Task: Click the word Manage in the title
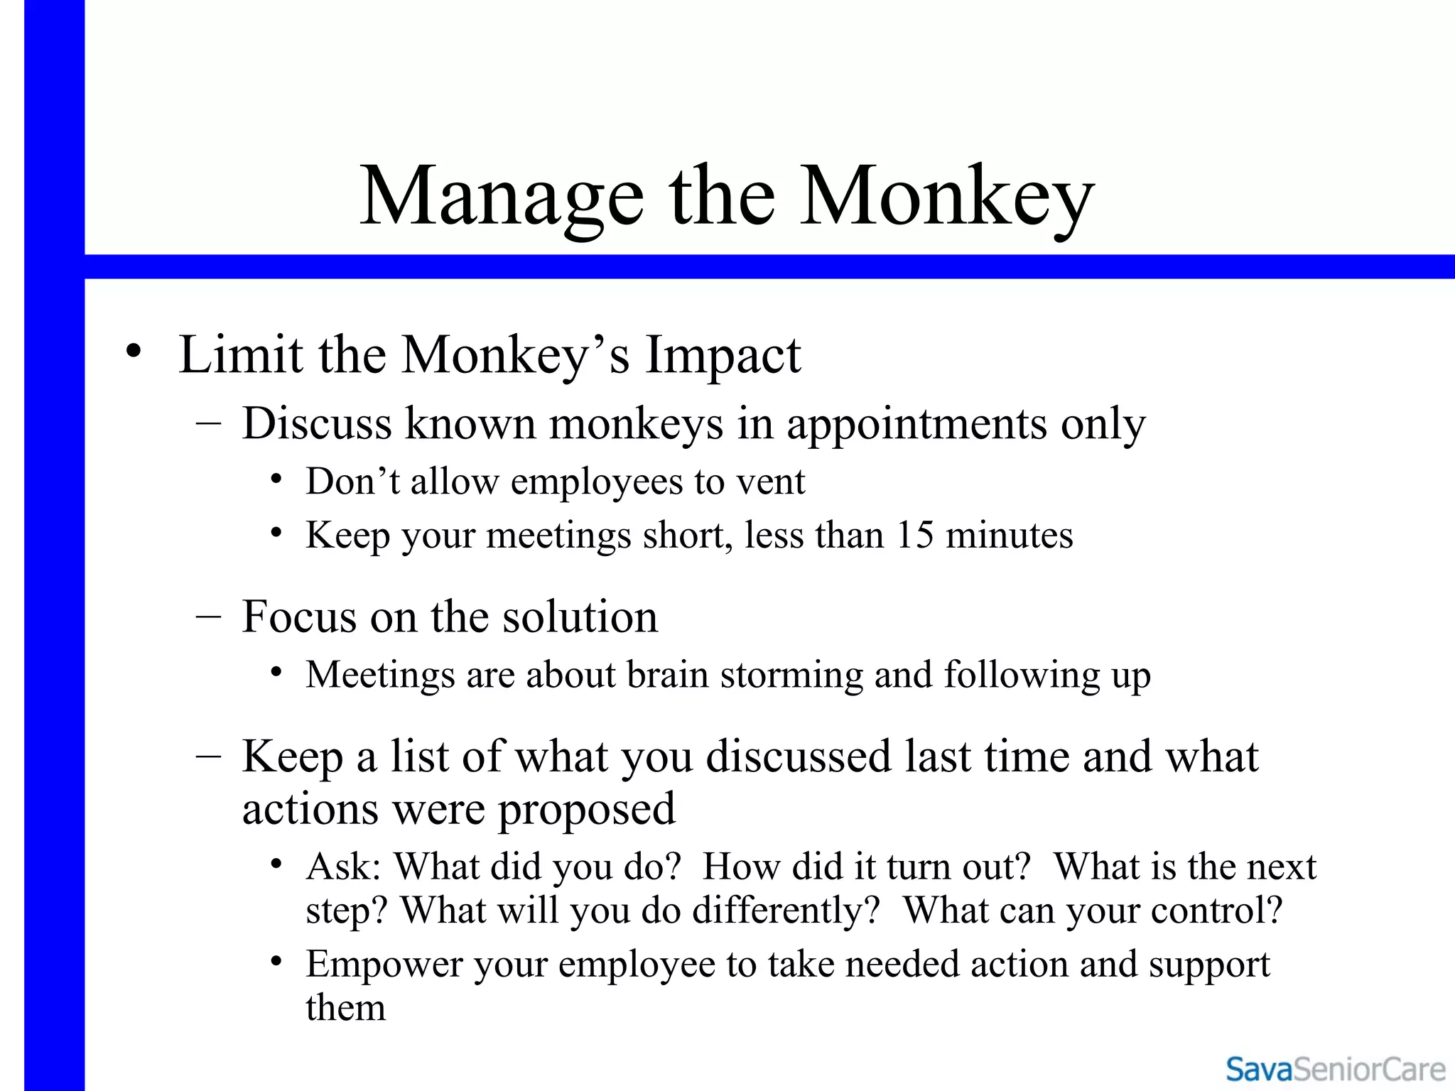click(502, 197)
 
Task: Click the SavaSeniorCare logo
click(1335, 1069)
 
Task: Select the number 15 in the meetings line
click(914, 535)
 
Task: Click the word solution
click(580, 617)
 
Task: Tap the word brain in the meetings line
click(667, 674)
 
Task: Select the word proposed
click(586, 809)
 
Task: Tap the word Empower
click(384, 965)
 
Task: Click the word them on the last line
click(345, 1008)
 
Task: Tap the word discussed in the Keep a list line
click(798, 756)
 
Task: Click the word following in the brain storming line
click(1021, 675)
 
